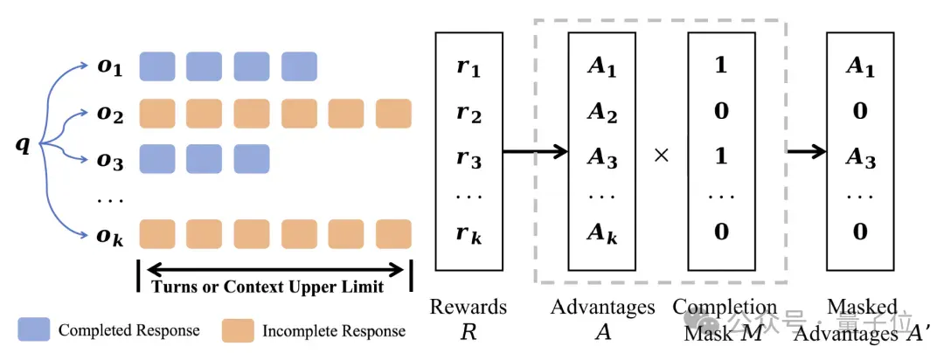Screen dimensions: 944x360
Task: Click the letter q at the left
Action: (x=22, y=146)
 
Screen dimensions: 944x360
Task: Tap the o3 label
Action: (x=110, y=161)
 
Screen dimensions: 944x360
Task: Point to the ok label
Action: (x=110, y=235)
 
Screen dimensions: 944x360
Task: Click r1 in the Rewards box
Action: (x=469, y=68)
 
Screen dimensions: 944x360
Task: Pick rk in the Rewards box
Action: (x=469, y=235)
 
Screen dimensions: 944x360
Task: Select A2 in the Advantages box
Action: (x=601, y=114)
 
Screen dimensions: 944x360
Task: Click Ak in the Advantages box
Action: (x=601, y=233)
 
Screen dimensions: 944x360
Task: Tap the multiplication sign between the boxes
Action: (x=661, y=156)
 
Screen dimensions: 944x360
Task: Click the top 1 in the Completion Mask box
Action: (x=720, y=66)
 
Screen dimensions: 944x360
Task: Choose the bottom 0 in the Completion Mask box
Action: (x=720, y=232)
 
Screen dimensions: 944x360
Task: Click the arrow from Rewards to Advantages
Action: (x=536, y=151)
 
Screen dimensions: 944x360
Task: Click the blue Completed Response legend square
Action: (x=34, y=330)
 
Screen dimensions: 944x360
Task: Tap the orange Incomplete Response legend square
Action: (x=237, y=330)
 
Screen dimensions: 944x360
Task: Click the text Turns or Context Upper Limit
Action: (x=267, y=287)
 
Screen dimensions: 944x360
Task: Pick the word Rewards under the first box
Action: (x=468, y=307)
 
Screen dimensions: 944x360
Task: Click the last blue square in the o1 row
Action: (x=299, y=66)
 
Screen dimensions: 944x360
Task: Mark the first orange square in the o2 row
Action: (x=157, y=114)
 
